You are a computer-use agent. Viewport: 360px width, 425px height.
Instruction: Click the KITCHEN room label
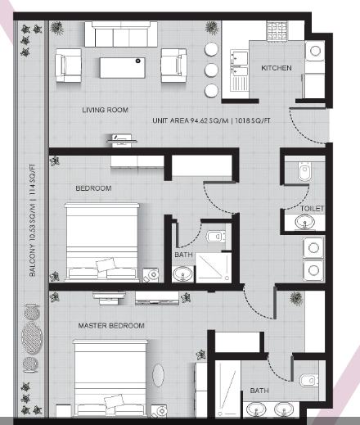(x=277, y=68)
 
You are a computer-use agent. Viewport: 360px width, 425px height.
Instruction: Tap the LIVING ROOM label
(x=106, y=110)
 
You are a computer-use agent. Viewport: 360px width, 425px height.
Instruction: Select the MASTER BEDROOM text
(x=111, y=326)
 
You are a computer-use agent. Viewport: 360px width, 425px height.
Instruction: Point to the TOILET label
(x=312, y=209)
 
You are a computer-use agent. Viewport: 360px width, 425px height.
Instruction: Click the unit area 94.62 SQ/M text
(x=191, y=120)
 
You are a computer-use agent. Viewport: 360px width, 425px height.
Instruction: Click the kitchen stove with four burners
(x=277, y=32)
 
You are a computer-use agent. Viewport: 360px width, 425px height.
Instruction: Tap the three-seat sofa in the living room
(x=121, y=34)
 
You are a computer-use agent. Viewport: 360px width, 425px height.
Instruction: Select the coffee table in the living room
(x=122, y=68)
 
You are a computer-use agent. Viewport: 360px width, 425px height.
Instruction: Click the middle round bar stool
(x=211, y=70)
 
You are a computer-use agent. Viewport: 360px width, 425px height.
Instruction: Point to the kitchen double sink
(x=239, y=63)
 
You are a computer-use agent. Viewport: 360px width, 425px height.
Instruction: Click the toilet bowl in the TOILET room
(x=304, y=171)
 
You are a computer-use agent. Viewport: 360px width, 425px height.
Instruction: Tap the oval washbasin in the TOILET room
(x=304, y=222)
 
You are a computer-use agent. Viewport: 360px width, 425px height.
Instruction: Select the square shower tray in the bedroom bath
(x=214, y=268)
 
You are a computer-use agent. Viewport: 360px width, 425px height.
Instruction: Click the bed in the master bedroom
(x=110, y=378)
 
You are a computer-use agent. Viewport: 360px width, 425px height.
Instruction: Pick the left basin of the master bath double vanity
(x=256, y=409)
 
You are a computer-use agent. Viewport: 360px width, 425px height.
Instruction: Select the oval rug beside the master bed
(x=158, y=375)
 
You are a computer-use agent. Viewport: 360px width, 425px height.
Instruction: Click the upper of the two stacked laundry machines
(x=313, y=248)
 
